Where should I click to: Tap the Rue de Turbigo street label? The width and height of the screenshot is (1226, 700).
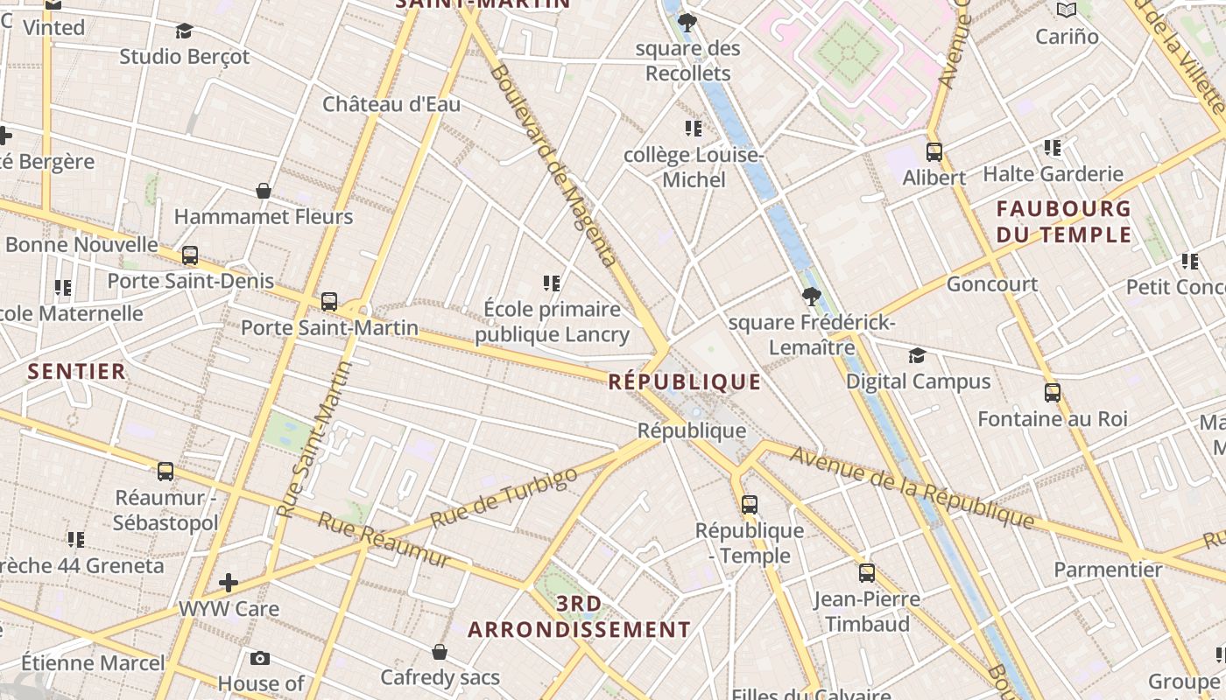pos(504,498)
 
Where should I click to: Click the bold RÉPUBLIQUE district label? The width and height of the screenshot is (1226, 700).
pos(685,381)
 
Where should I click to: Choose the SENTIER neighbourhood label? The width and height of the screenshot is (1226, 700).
pos(77,371)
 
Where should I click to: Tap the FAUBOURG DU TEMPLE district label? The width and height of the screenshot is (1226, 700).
pos(1064,221)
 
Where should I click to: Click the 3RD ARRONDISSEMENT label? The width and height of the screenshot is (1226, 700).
pos(580,617)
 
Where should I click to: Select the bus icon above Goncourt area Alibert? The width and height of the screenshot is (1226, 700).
pos(934,152)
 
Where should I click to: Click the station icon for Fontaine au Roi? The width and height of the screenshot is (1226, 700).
pos(1053,393)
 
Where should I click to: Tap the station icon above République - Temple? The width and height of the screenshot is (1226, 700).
pos(750,505)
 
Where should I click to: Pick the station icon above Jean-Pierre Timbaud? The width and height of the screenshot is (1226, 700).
pos(867,574)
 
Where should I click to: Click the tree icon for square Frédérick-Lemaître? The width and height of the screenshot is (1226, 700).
pos(811,297)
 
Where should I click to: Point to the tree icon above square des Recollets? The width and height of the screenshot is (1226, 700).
pos(687,22)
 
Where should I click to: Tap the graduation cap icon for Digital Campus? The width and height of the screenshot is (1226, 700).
pos(917,355)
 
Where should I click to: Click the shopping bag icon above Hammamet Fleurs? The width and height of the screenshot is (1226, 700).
pos(264,191)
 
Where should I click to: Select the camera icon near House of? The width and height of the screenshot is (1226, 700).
pos(260,658)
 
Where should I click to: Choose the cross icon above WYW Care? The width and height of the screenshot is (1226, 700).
pos(229,583)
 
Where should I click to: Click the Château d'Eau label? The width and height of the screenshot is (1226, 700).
pos(391,104)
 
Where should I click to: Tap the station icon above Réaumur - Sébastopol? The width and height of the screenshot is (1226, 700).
pos(166,472)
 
